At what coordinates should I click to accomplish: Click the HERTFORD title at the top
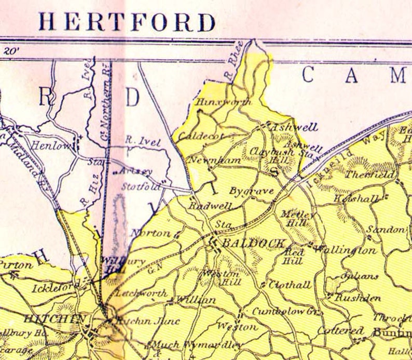[x=127, y=22]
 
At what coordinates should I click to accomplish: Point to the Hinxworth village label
[x=224, y=102]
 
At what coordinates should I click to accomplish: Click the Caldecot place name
[x=201, y=136]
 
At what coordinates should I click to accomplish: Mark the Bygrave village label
[x=252, y=191]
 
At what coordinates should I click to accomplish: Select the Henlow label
[x=51, y=146]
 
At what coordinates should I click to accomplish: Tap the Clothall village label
[x=290, y=285]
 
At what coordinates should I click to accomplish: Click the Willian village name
[x=196, y=300]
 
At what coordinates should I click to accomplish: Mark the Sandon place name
[x=385, y=229]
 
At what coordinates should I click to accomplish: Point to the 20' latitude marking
[x=10, y=51]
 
